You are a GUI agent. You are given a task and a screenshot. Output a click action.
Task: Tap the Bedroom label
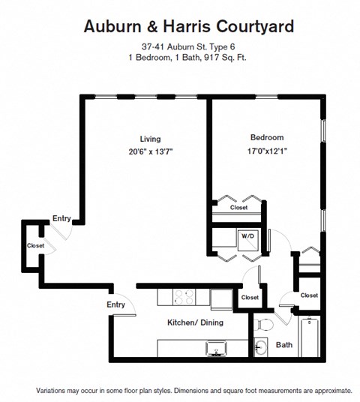pos(266,138)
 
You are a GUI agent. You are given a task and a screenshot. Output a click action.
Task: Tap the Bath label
pos(284,346)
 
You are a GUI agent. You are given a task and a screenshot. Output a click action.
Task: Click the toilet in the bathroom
pos(263,325)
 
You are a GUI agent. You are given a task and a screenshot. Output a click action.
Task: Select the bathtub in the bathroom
pos(309,337)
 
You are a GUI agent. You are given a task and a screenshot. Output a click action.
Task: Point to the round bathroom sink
pos(261,347)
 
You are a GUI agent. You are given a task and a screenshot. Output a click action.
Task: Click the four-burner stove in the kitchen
pos(184,297)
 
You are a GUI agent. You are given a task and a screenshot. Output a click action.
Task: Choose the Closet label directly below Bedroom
pos(238,208)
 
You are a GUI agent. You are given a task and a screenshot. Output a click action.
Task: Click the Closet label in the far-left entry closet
pos(35,246)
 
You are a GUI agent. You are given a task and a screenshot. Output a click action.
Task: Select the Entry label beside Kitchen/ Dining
pos(115,304)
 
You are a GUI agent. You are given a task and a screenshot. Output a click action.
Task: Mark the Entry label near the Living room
pos(61,219)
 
